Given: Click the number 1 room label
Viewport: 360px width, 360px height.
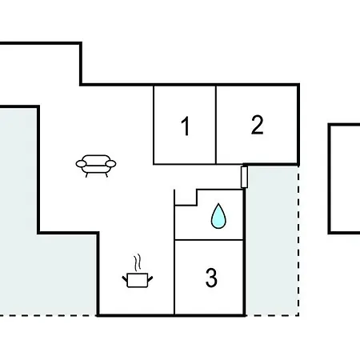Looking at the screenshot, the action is pos(186,126).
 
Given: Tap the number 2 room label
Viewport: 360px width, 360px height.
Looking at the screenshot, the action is pos(258,125).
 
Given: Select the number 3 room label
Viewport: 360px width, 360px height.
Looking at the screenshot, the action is pos(211,278).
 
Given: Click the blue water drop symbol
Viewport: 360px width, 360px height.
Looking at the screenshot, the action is pos(218,216).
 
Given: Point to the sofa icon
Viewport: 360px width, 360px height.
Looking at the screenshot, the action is pos(96,166).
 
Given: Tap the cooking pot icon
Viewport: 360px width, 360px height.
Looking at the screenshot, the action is pos(138,280).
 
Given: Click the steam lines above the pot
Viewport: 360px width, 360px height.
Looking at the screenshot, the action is pos(138,263).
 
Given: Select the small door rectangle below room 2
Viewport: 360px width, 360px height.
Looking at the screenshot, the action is pos(244,177).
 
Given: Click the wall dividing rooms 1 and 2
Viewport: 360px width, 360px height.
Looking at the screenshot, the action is pos(216,125).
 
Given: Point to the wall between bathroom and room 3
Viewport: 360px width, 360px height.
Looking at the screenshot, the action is pos(209,240).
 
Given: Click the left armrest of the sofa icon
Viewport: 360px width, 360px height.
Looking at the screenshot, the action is pos(81,164).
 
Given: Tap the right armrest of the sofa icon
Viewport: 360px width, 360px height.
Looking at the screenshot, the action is pos(110,164).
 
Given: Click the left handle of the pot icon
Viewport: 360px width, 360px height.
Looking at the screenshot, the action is pos(125,279).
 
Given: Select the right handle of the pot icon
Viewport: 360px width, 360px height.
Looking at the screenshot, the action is pos(150,279).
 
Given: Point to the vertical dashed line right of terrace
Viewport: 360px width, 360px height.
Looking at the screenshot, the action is pos(298,241).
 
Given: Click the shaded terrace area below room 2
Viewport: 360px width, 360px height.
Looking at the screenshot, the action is pos(271,240).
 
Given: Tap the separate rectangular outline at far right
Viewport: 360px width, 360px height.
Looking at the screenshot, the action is pos(330,178).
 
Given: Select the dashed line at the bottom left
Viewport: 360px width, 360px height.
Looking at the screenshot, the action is pos(48,315).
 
